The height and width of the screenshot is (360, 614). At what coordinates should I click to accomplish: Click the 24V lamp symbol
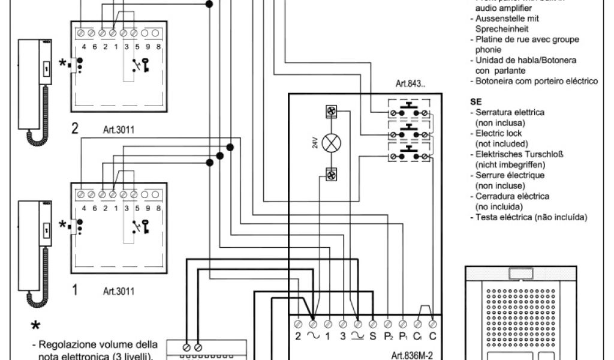pos(330,143)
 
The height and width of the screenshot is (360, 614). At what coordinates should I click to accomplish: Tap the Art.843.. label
pos(410,83)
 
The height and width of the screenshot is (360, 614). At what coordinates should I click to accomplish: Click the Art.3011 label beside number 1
pos(118,291)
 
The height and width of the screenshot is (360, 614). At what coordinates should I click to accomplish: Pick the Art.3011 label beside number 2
pos(118,129)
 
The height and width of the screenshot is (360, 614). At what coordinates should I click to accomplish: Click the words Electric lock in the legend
pos(498,133)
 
